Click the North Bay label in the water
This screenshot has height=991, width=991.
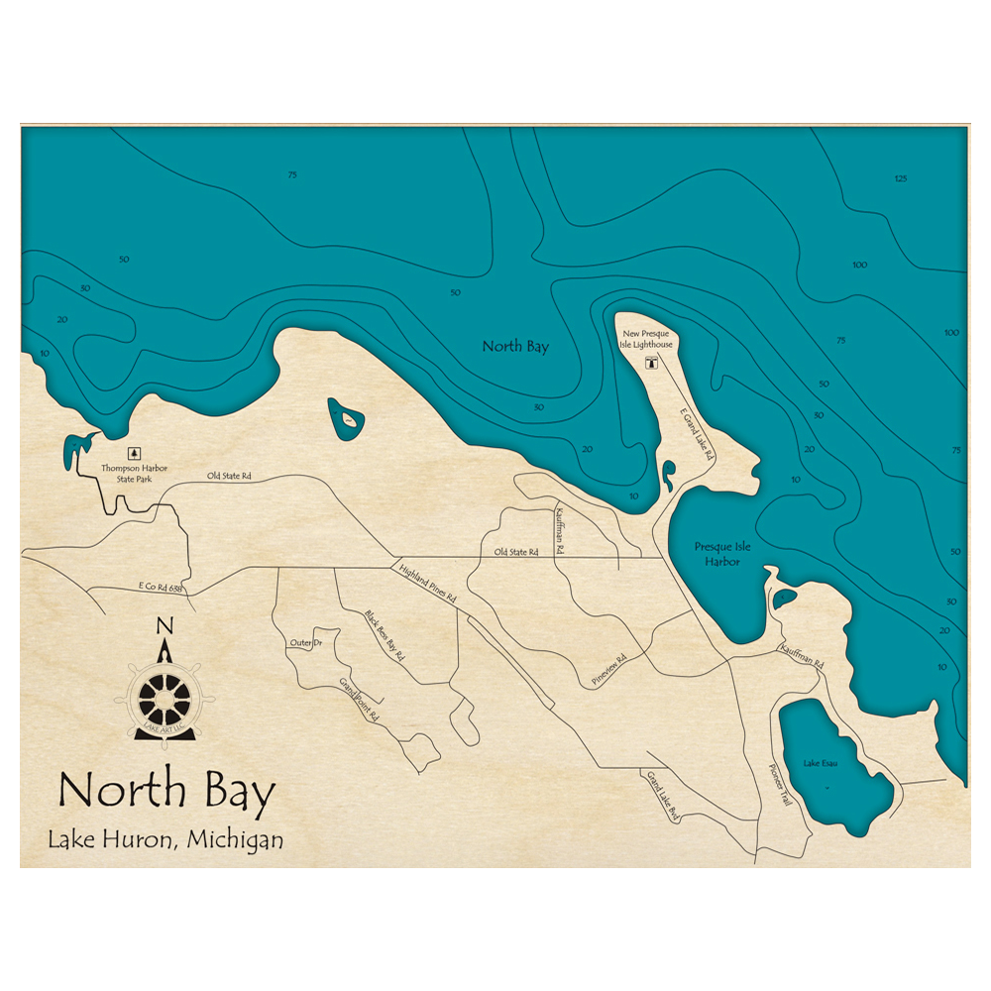tap(515, 347)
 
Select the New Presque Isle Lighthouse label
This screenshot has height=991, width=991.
tap(647, 339)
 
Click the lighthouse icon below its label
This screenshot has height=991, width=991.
tap(651, 364)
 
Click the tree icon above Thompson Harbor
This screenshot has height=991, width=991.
tap(135, 452)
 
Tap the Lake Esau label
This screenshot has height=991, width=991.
tap(821, 763)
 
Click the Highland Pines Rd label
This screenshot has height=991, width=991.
tap(427, 585)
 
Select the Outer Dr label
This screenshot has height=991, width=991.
tap(305, 643)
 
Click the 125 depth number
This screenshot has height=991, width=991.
tap(900, 178)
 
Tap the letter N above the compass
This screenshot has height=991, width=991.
tap(165, 625)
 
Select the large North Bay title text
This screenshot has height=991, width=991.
tap(165, 790)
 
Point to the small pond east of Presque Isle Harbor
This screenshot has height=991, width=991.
tap(783, 599)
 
